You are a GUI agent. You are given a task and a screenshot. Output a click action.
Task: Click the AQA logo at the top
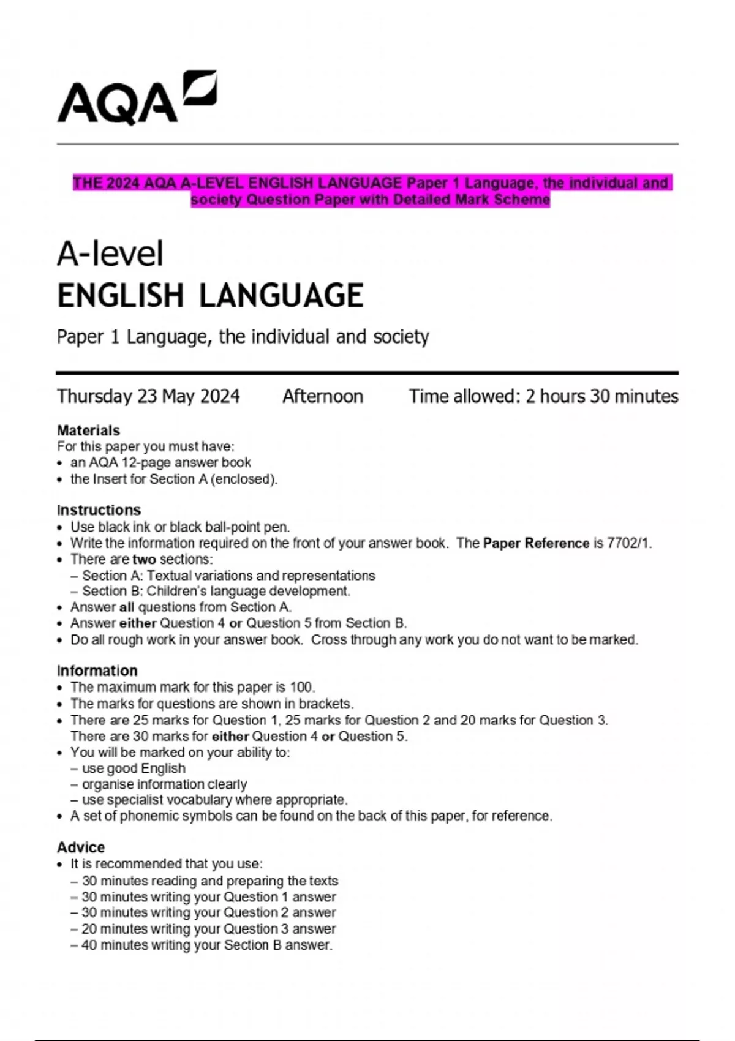137,98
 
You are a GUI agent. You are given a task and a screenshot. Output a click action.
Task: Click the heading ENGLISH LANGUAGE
210,295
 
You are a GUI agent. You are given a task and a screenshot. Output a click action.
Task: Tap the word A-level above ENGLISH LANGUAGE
110,254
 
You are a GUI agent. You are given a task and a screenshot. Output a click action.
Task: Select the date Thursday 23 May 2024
148,397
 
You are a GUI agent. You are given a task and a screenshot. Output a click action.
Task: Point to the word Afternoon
323,397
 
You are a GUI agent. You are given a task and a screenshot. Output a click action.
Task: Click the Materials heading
88,430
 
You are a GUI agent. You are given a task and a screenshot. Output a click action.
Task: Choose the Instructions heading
99,510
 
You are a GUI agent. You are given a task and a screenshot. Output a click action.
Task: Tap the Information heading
97,671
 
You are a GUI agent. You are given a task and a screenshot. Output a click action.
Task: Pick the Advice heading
81,847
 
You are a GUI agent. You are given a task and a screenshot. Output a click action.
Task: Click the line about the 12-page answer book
160,462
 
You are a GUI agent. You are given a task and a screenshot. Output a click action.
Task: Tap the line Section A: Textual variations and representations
228,576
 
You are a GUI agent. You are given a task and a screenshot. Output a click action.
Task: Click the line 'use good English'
134,769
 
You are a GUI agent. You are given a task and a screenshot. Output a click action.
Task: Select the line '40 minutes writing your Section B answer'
207,945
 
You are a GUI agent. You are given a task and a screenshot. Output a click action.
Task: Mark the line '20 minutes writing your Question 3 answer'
208,929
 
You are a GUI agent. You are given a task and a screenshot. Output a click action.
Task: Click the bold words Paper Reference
536,543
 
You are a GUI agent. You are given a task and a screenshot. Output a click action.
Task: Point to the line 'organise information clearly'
164,784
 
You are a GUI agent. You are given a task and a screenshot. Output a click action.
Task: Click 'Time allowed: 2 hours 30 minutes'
543,397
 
